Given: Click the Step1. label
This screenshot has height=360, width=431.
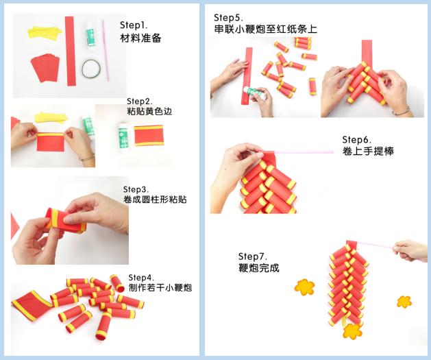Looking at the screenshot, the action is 134,25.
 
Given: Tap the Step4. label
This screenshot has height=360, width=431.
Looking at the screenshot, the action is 141,277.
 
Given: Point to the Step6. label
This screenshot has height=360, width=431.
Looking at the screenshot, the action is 356,140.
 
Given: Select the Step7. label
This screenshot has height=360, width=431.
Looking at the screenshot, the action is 253,256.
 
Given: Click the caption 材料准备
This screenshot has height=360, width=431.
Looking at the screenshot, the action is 140,38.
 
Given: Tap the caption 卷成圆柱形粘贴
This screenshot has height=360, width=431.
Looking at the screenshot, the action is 155,199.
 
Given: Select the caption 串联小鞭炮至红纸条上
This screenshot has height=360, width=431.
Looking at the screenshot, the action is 266,29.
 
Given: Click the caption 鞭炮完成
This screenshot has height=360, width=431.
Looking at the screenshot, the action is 258,267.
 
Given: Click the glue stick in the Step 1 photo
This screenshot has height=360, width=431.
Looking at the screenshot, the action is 90,34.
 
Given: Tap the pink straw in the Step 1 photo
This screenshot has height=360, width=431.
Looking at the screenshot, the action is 106,50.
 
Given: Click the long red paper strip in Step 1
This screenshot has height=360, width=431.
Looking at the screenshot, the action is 71,51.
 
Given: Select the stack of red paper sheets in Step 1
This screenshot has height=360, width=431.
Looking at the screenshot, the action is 45,68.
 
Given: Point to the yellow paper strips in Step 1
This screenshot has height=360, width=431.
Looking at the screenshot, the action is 45,33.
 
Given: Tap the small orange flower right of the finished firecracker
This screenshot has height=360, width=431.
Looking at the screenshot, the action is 404,302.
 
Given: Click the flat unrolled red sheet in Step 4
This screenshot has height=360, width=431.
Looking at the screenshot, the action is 32,305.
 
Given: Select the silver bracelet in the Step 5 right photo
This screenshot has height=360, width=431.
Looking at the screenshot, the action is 401,111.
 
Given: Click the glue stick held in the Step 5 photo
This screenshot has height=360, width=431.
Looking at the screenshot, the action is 255,93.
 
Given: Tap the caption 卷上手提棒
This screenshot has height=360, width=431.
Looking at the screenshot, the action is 368,151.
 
